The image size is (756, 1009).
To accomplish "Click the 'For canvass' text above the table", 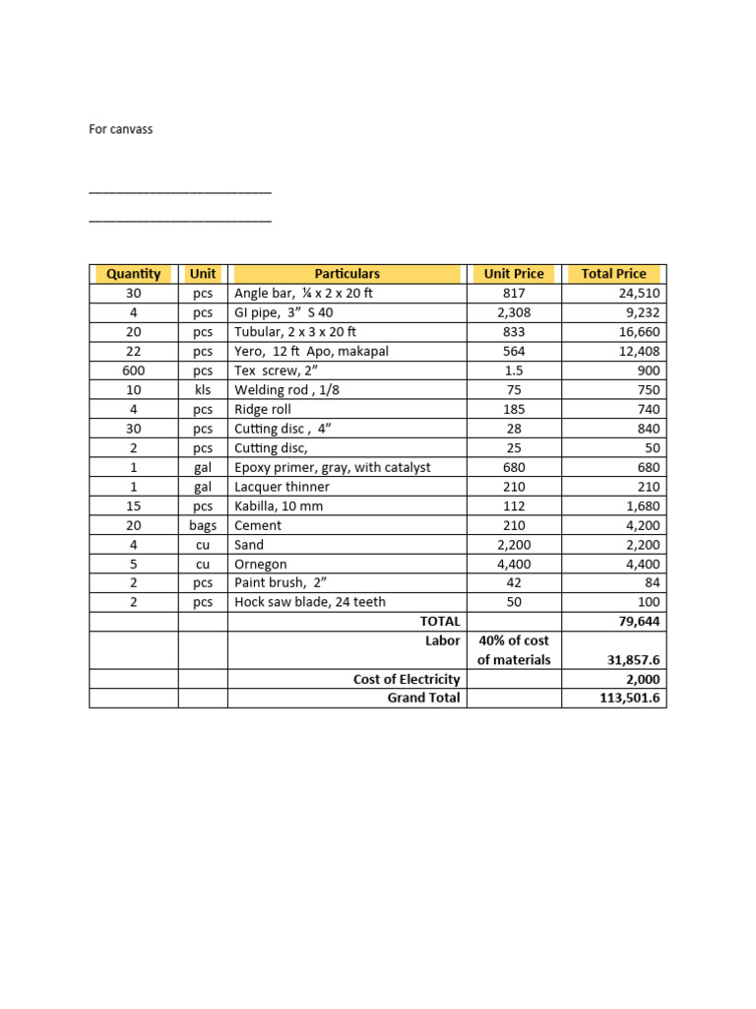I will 121,129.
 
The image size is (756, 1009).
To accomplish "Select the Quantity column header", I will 133,274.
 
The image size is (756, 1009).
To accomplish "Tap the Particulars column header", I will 346,274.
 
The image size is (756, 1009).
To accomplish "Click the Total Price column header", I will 613,274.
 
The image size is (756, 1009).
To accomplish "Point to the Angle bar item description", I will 303,294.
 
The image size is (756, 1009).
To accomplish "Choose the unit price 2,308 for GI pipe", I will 513,312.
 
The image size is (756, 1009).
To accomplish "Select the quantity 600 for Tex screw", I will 133,370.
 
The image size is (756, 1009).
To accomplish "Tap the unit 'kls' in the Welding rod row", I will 203,390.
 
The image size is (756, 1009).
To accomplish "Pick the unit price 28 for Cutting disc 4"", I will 513,429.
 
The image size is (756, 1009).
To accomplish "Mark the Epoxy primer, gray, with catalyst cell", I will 332,467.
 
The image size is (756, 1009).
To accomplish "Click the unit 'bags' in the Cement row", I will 203,525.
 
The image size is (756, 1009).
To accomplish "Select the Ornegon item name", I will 262,564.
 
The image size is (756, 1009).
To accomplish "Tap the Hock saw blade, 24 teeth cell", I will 310,602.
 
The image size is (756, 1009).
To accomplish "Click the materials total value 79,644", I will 638,622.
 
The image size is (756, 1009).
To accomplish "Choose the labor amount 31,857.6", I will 630,660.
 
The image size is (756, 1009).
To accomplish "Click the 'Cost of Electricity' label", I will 407,680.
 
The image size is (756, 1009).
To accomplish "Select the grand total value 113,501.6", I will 627,699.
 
